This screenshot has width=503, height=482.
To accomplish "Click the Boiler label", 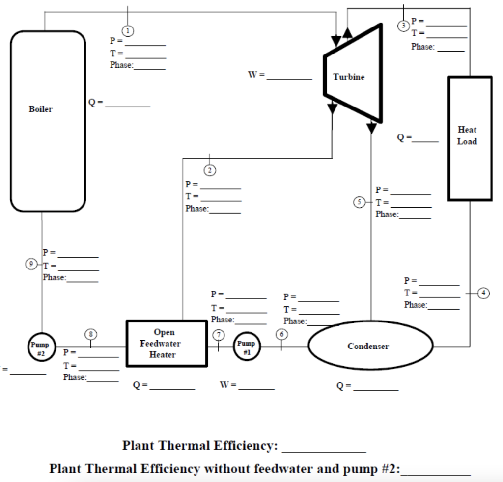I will pyautogui.click(x=40, y=109).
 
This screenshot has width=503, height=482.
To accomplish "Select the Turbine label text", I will pyautogui.click(x=349, y=77).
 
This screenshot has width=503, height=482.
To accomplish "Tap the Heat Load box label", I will pyautogui.click(x=467, y=135).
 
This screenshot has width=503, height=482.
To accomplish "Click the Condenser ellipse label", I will pyautogui.click(x=368, y=346).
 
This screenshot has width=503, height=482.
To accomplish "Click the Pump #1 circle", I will pyautogui.click(x=246, y=346).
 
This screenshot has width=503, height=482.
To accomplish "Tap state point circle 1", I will pyautogui.click(x=128, y=30).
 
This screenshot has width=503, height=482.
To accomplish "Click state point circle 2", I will pyautogui.click(x=210, y=170).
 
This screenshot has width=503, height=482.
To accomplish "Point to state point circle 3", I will pyautogui.click(x=403, y=25).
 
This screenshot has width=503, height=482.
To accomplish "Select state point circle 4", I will pyautogui.click(x=484, y=293).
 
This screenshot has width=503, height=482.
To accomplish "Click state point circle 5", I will pyautogui.click(x=360, y=202).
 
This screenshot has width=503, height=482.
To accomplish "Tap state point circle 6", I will pyautogui.click(x=281, y=334).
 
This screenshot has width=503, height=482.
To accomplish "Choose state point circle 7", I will pyautogui.click(x=218, y=334).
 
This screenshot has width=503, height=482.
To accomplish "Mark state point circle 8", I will pyautogui.click(x=91, y=334).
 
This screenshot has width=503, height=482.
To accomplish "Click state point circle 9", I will pyautogui.click(x=32, y=264).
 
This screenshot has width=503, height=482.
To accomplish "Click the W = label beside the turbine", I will pyautogui.click(x=256, y=75).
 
